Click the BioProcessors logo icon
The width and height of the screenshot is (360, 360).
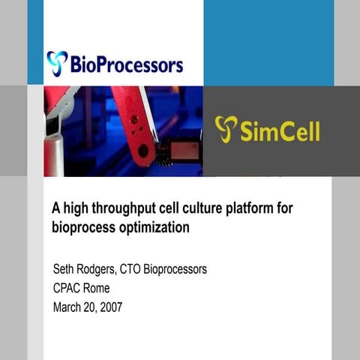[57, 64]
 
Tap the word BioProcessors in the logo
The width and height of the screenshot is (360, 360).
[126, 65]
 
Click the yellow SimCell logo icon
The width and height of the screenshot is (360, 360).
[226, 129]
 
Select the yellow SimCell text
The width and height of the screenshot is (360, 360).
[280, 131]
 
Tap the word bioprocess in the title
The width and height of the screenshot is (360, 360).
[81, 226]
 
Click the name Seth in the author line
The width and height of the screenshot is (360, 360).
[65, 268]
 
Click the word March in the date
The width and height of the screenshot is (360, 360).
[68, 306]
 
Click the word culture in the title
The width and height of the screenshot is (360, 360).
[196, 209]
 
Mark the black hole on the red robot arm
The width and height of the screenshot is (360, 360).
[142, 150]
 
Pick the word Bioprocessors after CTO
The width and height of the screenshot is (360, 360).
[183, 268]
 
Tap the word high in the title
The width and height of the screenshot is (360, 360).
[75, 209]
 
